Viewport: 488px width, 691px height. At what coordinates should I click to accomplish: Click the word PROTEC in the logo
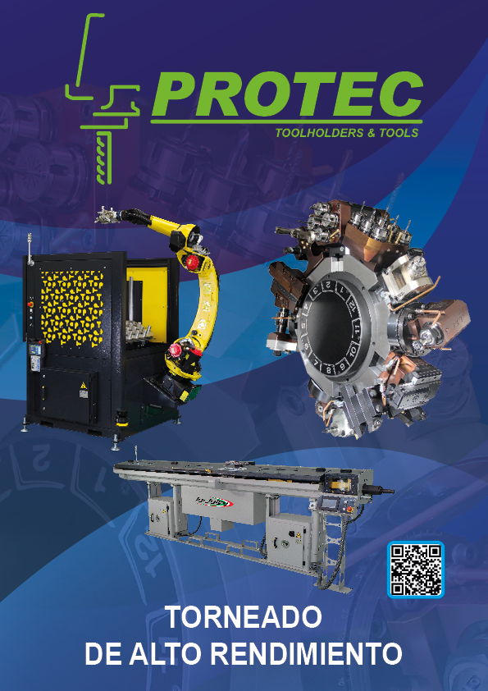pos(287,94)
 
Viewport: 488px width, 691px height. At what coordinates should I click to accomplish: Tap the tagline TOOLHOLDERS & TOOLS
pos(347,133)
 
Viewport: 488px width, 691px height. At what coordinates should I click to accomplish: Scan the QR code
pos(415,570)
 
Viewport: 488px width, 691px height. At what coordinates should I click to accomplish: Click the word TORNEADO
pos(244,617)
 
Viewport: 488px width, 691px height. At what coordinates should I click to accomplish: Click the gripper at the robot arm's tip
pos(106,215)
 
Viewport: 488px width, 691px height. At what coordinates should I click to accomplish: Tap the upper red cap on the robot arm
pos(191,262)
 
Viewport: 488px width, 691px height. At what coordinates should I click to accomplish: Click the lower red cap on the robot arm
pos(176,351)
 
